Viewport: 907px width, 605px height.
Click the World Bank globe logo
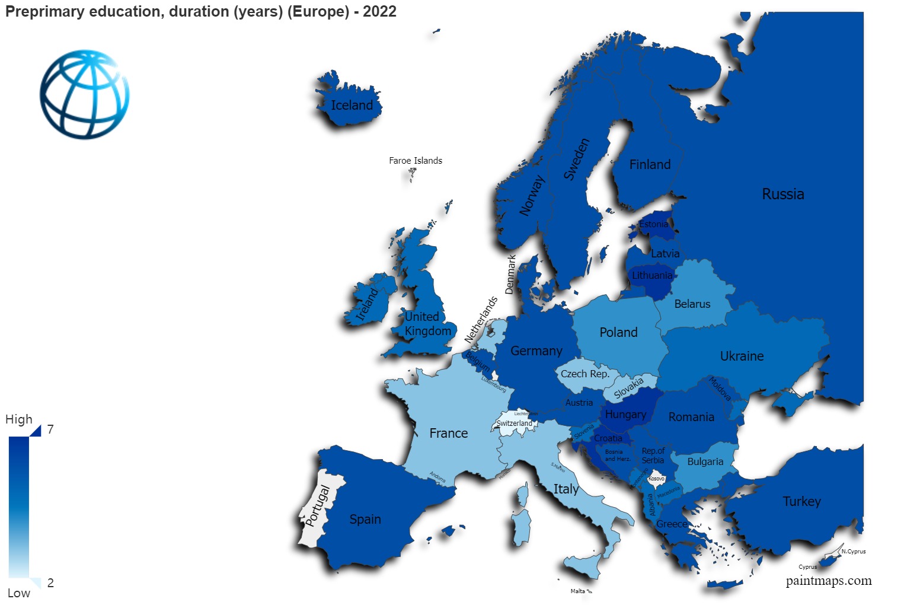click(85, 95)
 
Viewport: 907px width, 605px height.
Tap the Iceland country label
click(352, 106)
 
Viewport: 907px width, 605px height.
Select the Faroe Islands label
click(415, 161)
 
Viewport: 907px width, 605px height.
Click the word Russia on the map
click(783, 195)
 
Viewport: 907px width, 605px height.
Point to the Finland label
click(650, 165)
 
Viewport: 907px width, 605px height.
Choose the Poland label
click(618, 333)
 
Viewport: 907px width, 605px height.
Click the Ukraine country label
click(742, 356)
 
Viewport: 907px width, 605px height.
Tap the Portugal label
click(318, 505)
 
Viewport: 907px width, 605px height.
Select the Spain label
click(365, 520)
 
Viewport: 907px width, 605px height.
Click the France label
click(448, 434)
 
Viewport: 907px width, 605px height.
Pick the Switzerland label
click(514, 423)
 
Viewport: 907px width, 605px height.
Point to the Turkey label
click(801, 502)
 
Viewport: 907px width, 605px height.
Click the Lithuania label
click(652, 276)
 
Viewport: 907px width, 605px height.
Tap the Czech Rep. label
click(585, 374)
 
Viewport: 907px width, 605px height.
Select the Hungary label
click(625, 415)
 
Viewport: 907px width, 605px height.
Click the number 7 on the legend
click(50, 429)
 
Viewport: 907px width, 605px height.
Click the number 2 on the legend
click(50, 583)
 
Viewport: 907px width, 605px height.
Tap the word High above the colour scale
click(19, 419)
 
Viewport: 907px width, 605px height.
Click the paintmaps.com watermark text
click(828, 581)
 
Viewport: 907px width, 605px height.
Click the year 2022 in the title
click(379, 12)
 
